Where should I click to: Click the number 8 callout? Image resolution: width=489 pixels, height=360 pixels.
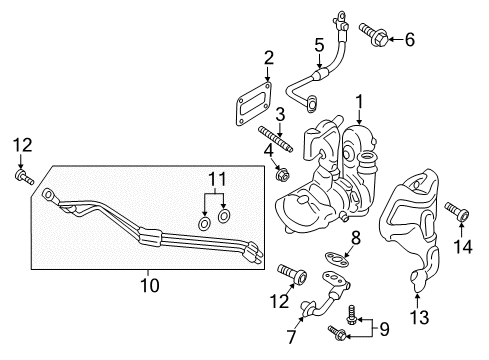(354, 236)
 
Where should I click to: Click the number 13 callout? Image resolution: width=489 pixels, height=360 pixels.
(417, 318)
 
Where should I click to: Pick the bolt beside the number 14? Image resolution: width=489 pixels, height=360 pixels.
(461, 213)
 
